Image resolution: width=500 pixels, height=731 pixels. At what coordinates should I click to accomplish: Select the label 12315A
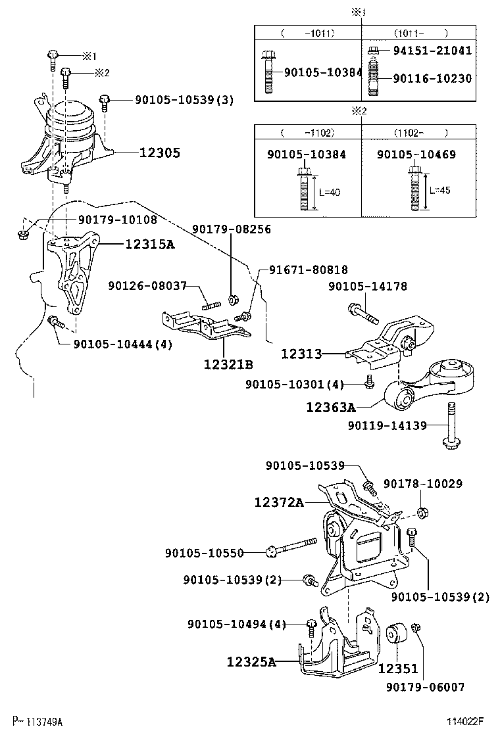click(150, 245)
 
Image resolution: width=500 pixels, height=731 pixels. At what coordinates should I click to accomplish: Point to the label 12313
click(301, 354)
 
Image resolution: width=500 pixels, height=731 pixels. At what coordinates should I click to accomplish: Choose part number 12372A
click(279, 503)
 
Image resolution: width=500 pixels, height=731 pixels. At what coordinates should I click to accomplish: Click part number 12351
click(397, 668)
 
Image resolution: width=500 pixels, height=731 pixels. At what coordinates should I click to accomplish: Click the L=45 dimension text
click(441, 190)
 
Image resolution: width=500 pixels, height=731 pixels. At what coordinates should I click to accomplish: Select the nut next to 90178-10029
click(423, 511)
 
